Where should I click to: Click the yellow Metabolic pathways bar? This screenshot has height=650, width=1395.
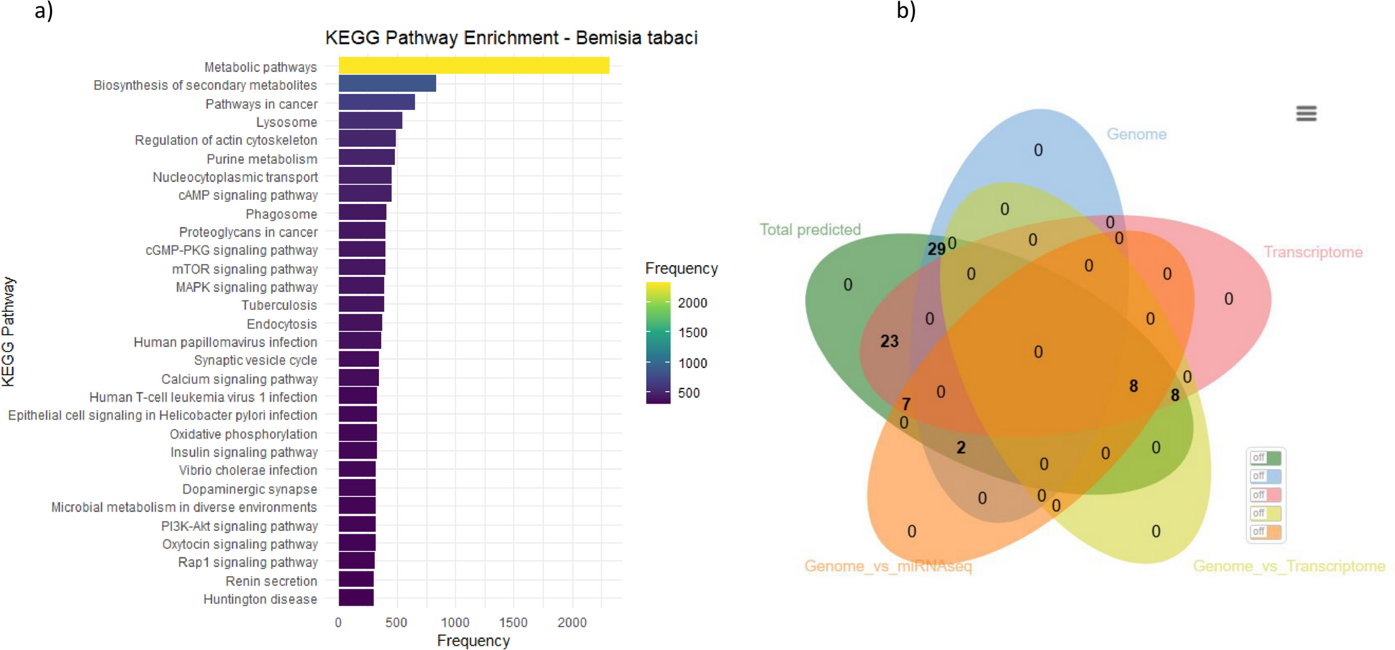pyautogui.click(x=474, y=65)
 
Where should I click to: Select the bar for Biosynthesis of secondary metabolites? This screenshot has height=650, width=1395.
pyautogui.click(x=387, y=84)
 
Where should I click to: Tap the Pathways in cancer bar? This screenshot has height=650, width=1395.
pyautogui.click(x=376, y=103)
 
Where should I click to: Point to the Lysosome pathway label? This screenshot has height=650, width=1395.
pyautogui.click(x=287, y=122)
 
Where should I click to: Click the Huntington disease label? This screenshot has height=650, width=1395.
pyautogui.click(x=260, y=599)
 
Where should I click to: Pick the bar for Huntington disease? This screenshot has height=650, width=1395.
pyautogui.click(x=356, y=598)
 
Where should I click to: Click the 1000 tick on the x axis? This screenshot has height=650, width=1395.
pyautogui.click(x=455, y=622)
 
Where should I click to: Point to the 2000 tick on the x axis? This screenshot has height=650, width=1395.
pyautogui.click(x=572, y=622)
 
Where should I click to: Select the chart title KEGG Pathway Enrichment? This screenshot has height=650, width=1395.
pyautogui.click(x=511, y=38)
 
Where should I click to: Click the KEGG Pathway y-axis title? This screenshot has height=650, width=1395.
pyautogui.click(x=8, y=331)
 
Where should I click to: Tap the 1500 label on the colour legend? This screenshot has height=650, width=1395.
pyautogui.click(x=692, y=333)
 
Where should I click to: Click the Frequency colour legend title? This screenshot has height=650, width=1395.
pyautogui.click(x=681, y=269)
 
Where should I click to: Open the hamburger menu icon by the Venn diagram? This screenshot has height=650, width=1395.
pyautogui.click(x=1306, y=113)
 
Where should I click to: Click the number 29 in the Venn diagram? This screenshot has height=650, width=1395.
pyautogui.click(x=936, y=249)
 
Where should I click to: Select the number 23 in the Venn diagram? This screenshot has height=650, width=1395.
pyautogui.click(x=889, y=341)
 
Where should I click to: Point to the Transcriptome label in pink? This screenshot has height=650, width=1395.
pyautogui.click(x=1312, y=252)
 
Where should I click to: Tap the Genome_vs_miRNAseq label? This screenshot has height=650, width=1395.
pyautogui.click(x=887, y=566)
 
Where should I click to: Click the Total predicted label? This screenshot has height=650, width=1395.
pyautogui.click(x=809, y=230)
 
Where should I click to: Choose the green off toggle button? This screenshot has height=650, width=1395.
pyautogui.click(x=1265, y=458)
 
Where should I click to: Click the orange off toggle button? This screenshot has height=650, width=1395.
pyautogui.click(x=1265, y=532)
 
